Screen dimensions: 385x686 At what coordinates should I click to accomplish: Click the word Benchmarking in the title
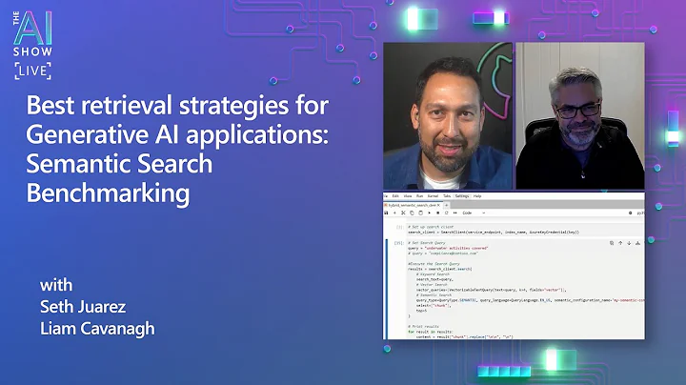click(108, 193)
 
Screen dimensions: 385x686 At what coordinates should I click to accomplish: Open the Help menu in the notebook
click(477, 195)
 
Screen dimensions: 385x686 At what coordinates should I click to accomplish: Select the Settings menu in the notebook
click(462, 195)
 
